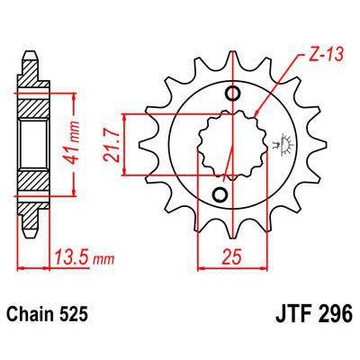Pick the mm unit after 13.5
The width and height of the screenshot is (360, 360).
pos(98,262)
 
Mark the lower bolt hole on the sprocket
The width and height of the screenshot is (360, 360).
pos(219,194)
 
